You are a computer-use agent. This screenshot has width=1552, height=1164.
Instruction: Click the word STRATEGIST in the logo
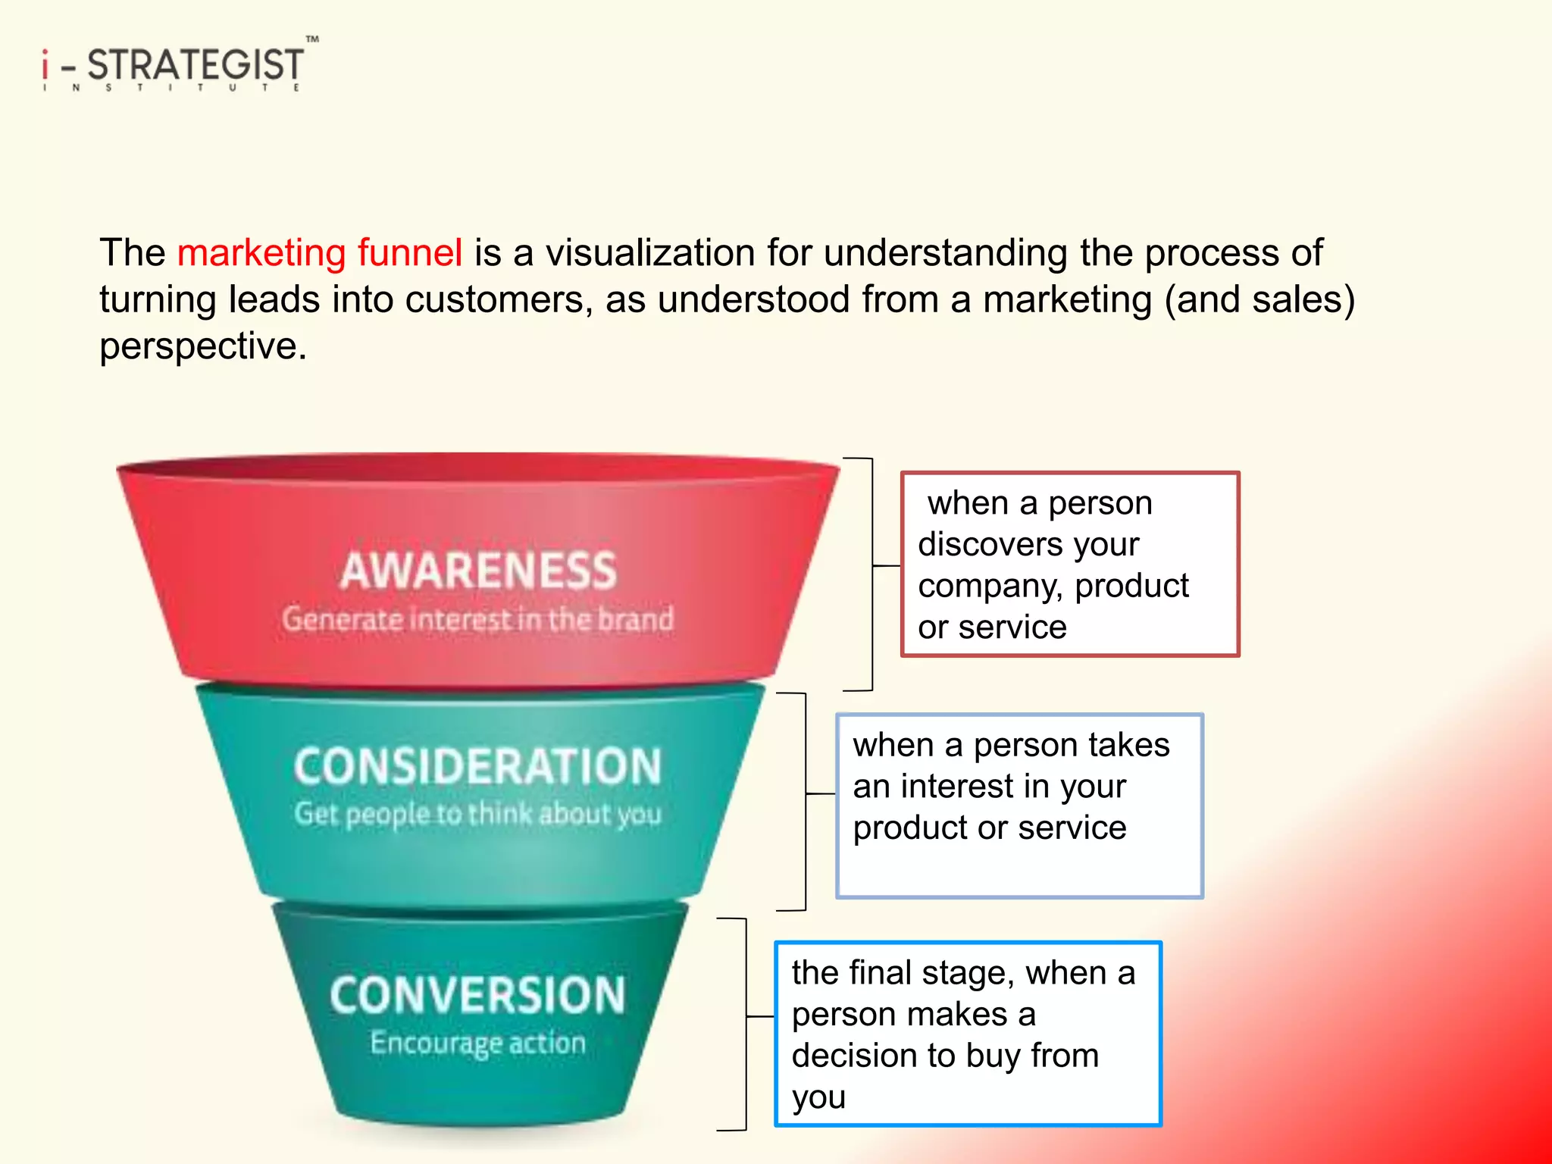[x=196, y=64]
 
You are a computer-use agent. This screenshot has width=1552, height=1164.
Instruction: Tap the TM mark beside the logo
[x=312, y=39]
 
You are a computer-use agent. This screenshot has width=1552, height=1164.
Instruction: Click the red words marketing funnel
[x=319, y=252]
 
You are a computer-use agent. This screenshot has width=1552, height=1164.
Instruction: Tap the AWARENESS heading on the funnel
[x=478, y=571]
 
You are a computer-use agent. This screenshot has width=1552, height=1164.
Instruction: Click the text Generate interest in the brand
[x=477, y=619]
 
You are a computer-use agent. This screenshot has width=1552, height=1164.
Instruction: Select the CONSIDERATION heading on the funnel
[x=477, y=766]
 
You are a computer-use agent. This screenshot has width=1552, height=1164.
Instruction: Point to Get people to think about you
[x=477, y=814]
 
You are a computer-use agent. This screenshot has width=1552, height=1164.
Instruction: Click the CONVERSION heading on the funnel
[x=477, y=995]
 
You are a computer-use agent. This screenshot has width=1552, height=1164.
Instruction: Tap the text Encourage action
[x=477, y=1044]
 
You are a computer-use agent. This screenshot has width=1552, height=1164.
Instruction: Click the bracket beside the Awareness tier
[x=872, y=574]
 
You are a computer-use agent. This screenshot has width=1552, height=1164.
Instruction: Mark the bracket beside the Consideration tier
[x=805, y=801]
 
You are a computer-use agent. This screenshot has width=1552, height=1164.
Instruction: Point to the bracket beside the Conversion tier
[x=746, y=1024]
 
